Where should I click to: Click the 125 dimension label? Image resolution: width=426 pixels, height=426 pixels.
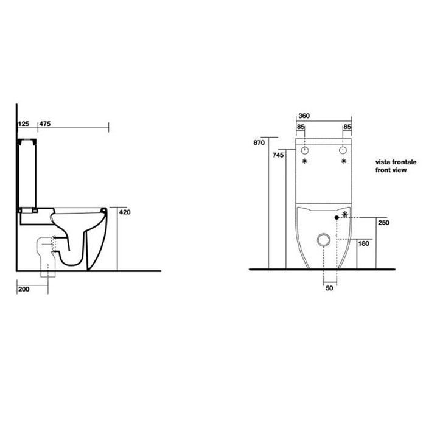pos(24,124)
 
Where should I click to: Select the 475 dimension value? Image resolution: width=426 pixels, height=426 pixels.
pos(45,124)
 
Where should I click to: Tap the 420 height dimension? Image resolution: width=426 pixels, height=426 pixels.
pos(125,212)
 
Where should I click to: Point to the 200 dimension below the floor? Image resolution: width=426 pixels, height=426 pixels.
pos(24,289)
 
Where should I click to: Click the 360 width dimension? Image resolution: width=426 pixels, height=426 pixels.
pos(304,116)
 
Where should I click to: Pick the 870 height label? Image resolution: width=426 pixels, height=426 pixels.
pos(259,142)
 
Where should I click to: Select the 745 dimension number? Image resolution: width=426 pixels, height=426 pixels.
pos(278,155)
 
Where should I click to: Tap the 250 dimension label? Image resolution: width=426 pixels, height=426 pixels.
pos(383,223)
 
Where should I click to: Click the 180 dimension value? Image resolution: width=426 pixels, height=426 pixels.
pos(363,243)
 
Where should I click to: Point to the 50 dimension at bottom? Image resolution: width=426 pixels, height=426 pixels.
pos(329,288)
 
